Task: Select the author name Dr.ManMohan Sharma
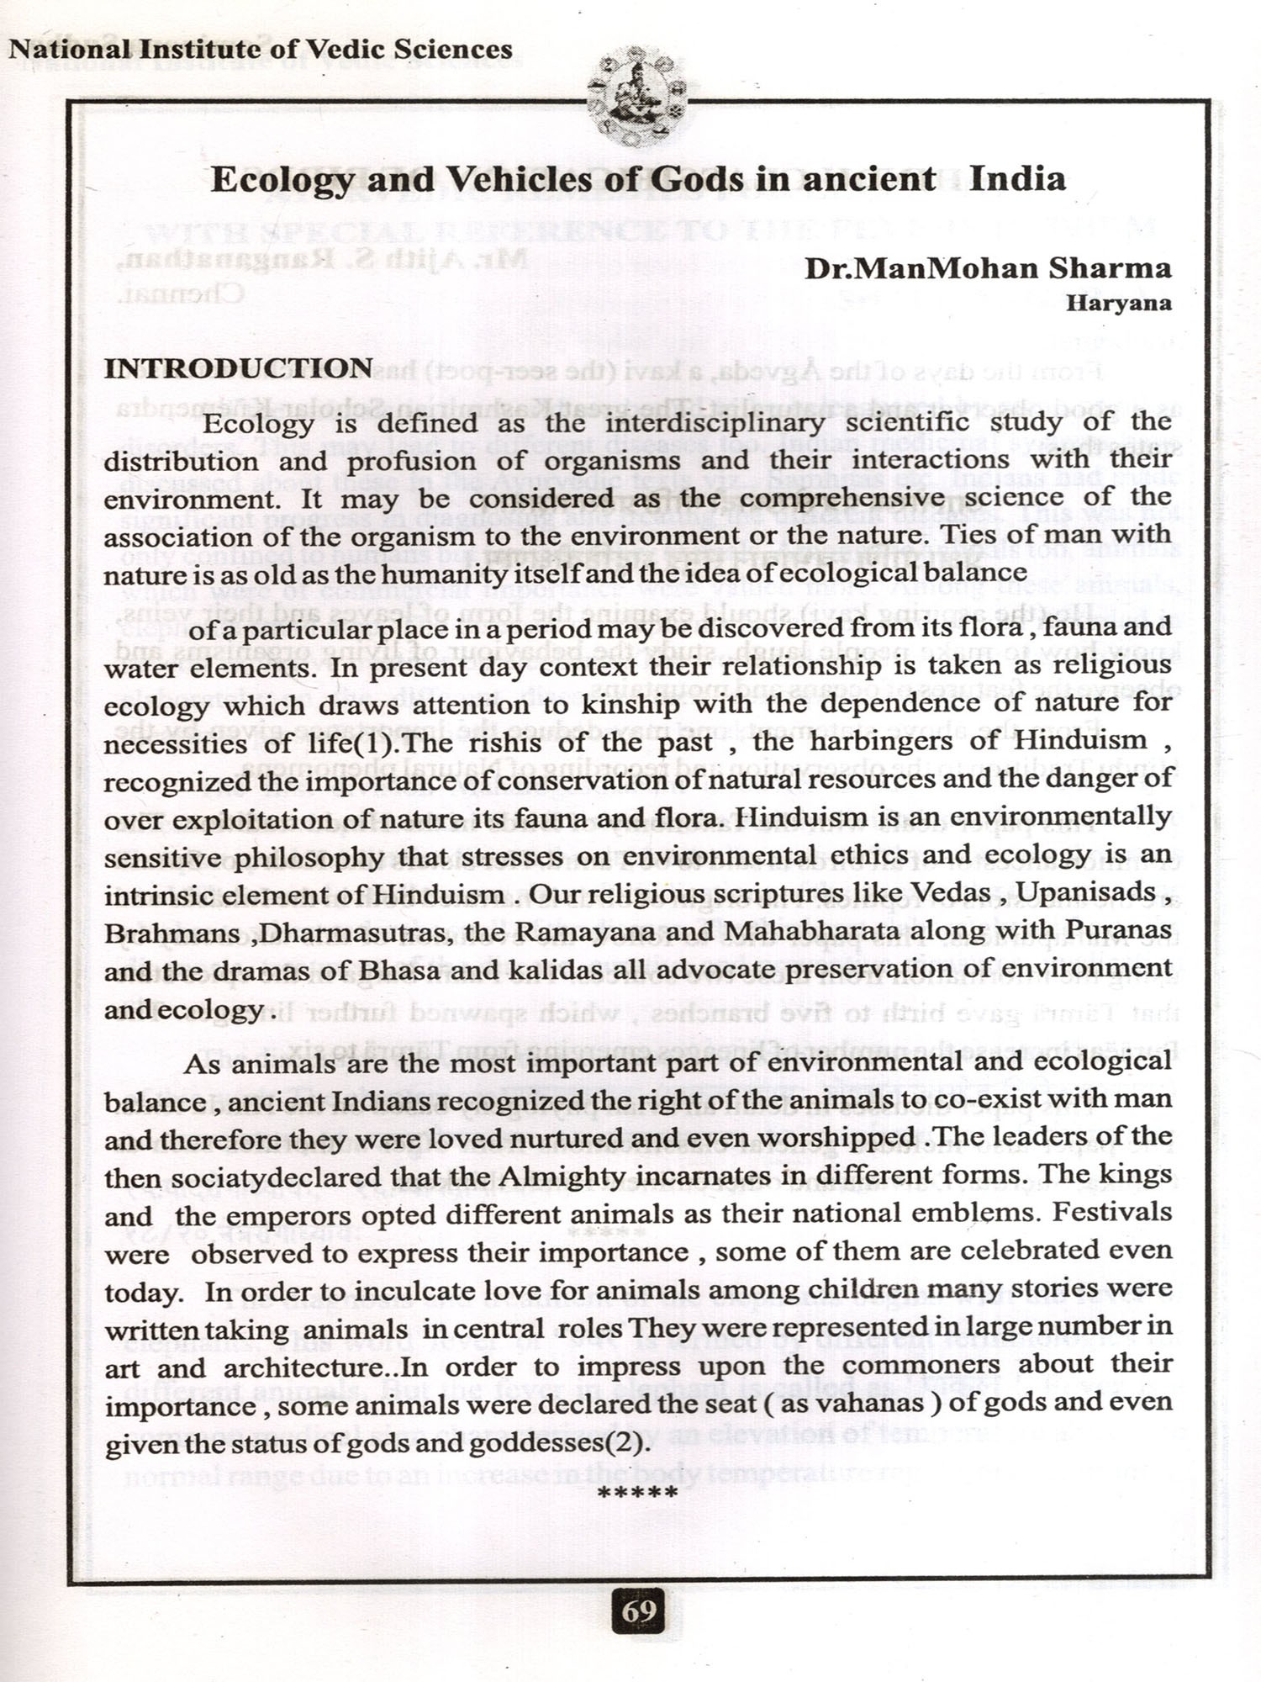988,268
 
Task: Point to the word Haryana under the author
1118,304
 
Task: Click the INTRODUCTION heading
238,368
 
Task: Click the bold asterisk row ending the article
636,1494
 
